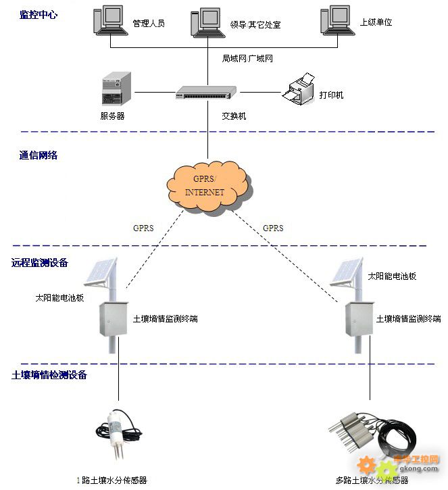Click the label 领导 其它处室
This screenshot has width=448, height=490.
click(255, 25)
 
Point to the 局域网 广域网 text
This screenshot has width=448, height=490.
click(247, 58)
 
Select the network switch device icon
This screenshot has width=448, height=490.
click(206, 93)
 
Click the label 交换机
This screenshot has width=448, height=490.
click(234, 116)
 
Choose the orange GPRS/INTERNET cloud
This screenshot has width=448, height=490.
click(205, 185)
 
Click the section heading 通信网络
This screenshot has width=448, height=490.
click(39, 155)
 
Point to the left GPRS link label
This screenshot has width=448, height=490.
click(143, 228)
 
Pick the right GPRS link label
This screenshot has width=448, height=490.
click(273, 228)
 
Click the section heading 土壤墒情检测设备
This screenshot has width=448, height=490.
click(49, 374)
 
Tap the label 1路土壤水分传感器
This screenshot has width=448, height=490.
click(111, 481)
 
